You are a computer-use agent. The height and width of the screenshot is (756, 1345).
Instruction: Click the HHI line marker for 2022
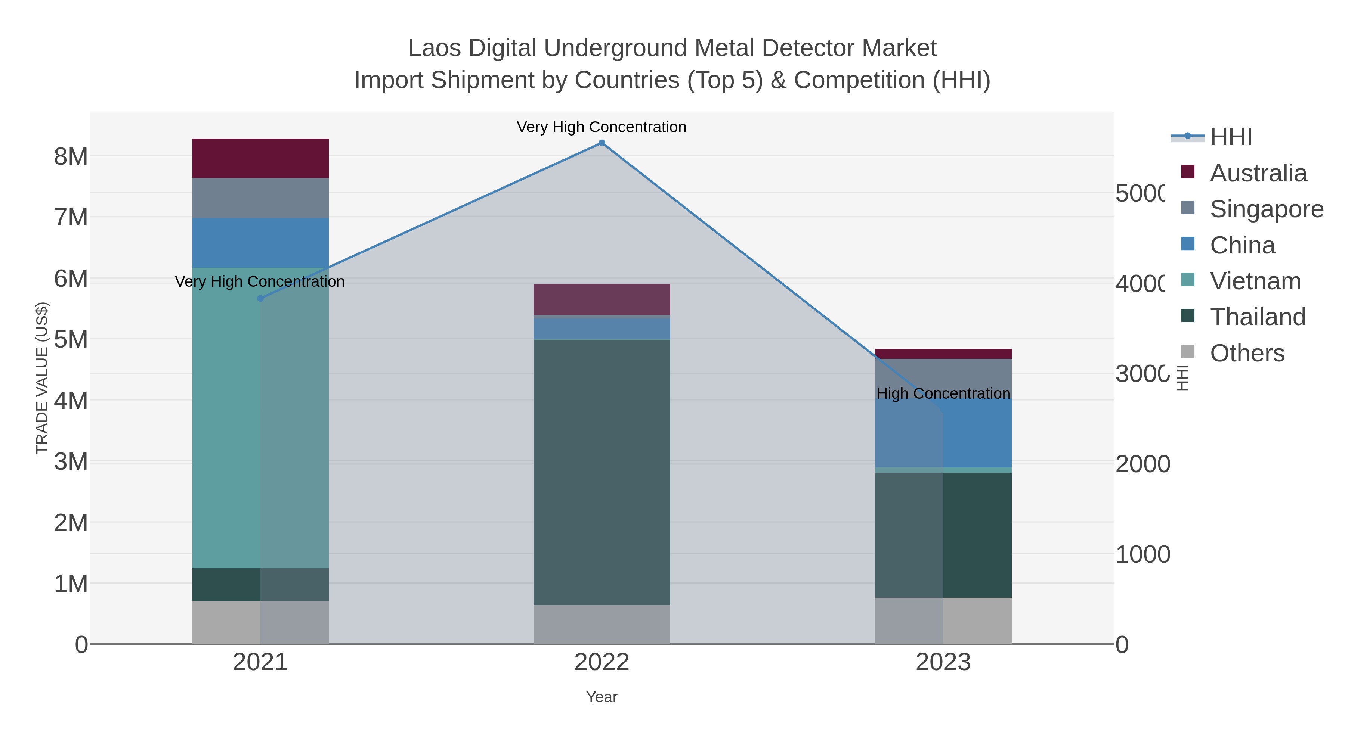tap(602, 143)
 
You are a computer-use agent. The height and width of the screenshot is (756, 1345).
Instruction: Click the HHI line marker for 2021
tap(260, 298)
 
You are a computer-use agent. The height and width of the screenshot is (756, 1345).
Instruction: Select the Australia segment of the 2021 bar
tap(260, 159)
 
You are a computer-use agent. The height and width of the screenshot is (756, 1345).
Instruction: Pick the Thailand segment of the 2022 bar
tap(602, 472)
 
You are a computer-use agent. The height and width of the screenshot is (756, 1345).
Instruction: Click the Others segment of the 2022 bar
tap(602, 625)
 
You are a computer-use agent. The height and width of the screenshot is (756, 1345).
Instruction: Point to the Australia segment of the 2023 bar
tap(943, 354)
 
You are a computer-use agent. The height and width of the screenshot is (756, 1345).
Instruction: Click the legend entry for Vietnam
tap(1255, 281)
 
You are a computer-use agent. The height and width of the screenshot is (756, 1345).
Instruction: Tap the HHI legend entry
tap(1231, 137)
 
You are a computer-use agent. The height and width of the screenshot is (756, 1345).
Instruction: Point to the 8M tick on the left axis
tap(71, 156)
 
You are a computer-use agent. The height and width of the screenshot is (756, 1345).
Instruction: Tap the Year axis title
tap(602, 697)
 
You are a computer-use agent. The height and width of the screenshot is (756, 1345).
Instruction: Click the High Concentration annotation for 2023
tap(943, 393)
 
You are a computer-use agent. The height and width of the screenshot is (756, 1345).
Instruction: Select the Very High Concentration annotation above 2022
tap(602, 127)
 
